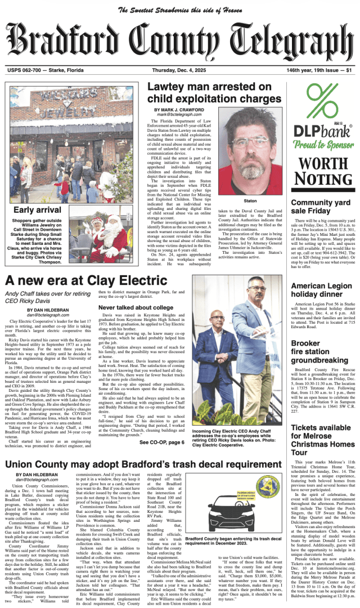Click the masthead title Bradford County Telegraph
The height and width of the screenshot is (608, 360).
(x=180, y=42)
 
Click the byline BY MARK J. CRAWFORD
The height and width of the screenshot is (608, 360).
(x=181, y=110)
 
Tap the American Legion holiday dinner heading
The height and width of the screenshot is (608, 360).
(x=321, y=290)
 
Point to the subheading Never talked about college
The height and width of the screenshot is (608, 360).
(x=136, y=307)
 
